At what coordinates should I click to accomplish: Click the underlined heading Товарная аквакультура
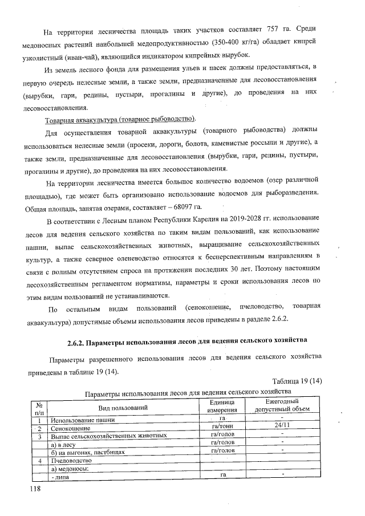point(120,119)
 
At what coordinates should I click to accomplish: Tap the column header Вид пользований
point(123,407)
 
